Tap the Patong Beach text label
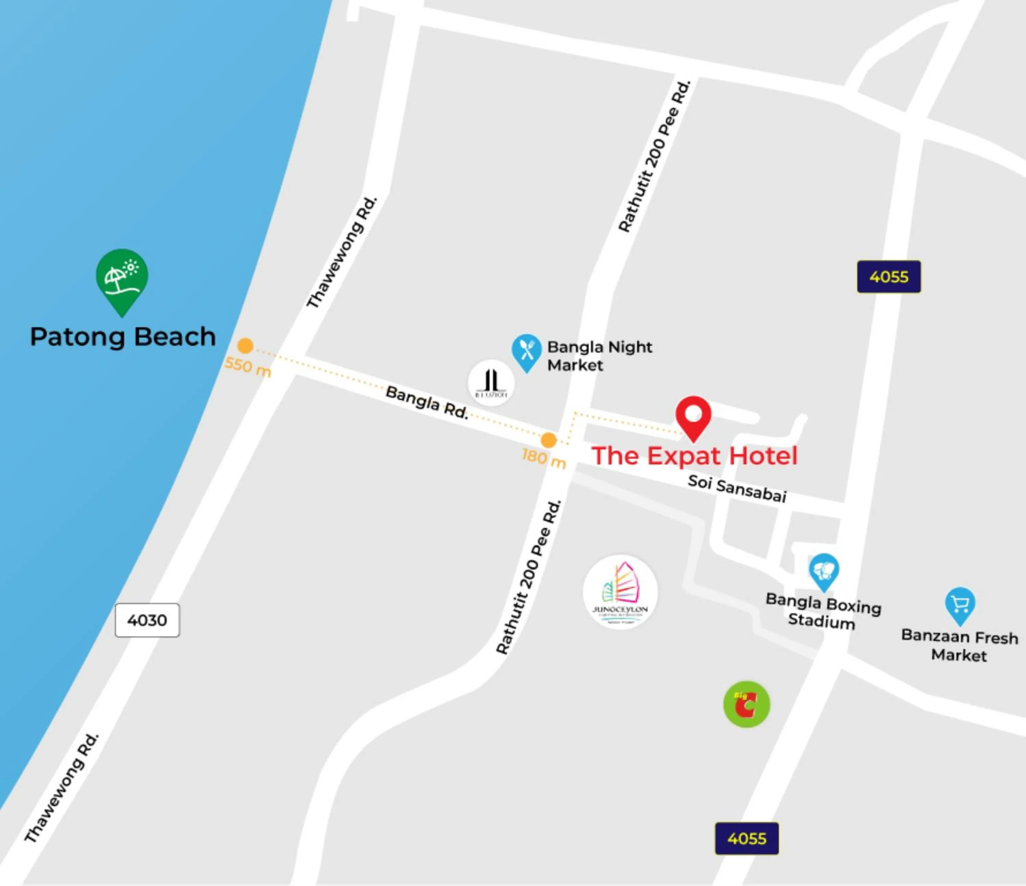(123, 337)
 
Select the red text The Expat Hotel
(694, 456)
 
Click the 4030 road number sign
(147, 620)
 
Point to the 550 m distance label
(248, 366)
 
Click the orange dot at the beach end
(245, 346)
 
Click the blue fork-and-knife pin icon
(526, 351)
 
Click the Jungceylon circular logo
(620, 592)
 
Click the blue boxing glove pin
(824, 571)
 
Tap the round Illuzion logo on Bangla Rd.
(491, 383)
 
